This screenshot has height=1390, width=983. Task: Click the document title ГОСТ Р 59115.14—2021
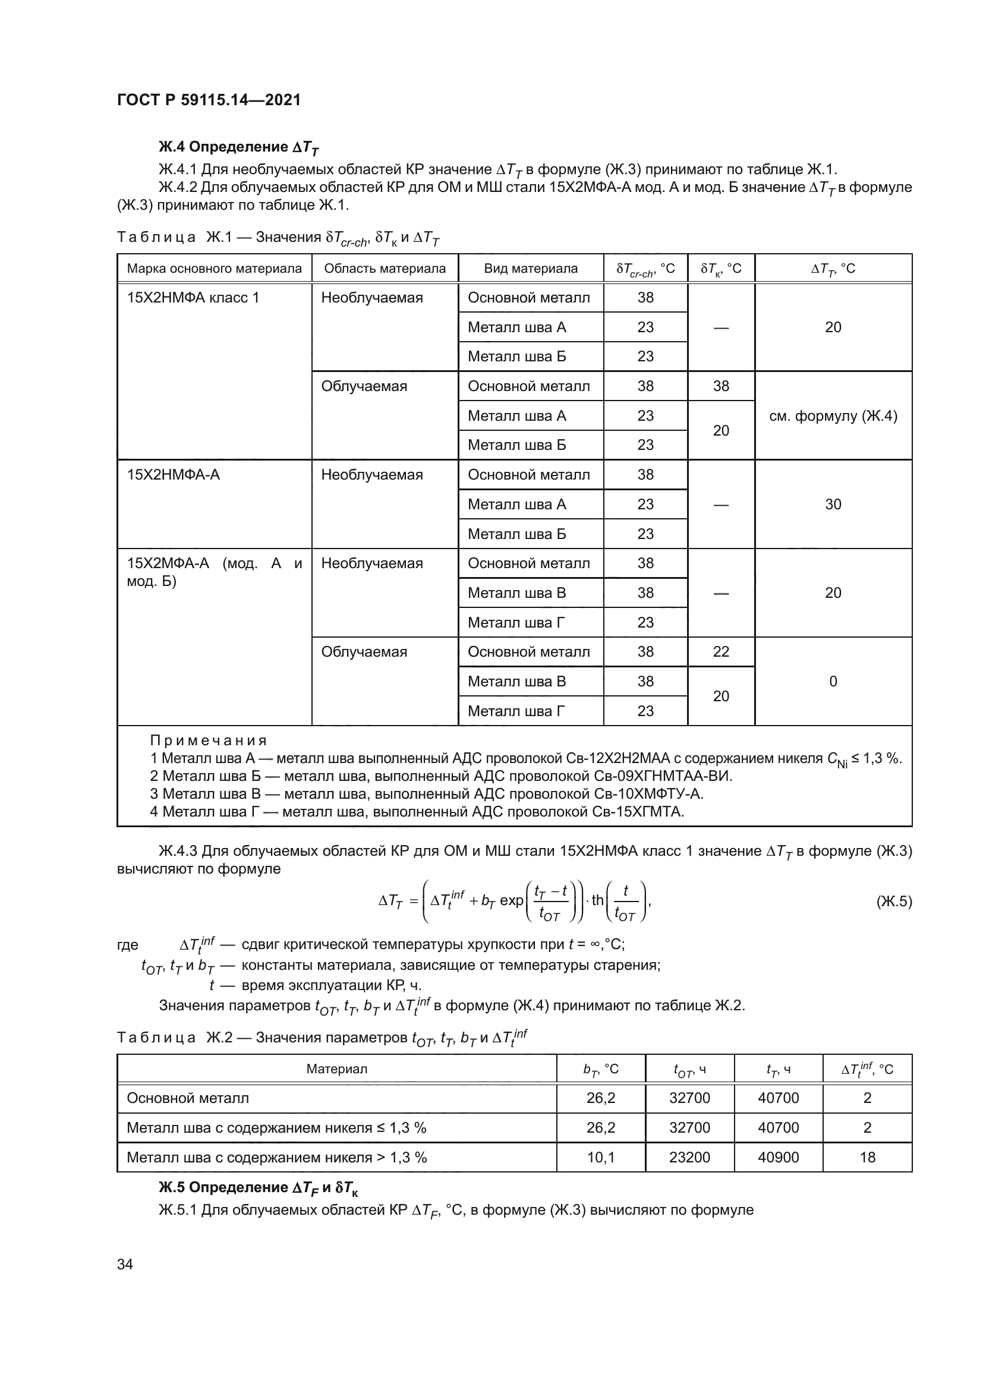pos(209,100)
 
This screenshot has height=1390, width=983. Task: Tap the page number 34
pos(125,1264)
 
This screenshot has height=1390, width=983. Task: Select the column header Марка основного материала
pos(215,268)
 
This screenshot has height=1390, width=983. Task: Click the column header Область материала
pos(385,268)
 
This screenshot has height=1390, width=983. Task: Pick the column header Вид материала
pos(530,268)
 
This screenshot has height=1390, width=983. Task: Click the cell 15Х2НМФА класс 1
pos(193,298)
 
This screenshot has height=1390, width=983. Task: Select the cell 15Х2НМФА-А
pos(173,475)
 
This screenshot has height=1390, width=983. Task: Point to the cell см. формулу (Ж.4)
pos(833,416)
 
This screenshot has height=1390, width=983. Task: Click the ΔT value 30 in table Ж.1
pos(833,505)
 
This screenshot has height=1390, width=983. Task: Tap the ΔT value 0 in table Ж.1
pos(833,682)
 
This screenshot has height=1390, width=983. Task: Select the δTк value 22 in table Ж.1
pos(721,652)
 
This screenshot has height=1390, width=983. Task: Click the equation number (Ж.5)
pos(893,902)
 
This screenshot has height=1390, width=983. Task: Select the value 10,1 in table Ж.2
pos(600,1158)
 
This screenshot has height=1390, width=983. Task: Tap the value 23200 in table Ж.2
pos(689,1158)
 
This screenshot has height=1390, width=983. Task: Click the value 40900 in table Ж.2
pos(779,1158)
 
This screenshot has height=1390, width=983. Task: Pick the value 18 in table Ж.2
pos(867,1158)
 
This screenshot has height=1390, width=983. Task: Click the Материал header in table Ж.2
pos(336,1069)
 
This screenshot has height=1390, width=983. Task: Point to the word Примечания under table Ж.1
pos(208,740)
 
